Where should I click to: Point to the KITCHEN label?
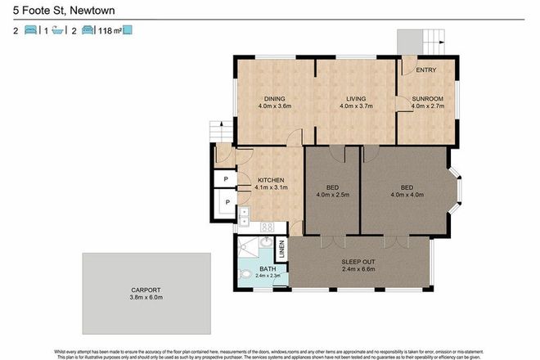tap(271, 179)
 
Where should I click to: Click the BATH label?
tap(268, 268)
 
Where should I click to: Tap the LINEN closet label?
tap(281, 248)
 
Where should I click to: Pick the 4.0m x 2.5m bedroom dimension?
tap(334, 195)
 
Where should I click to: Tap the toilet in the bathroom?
tap(246, 274)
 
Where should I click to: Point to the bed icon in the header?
tap(30, 31)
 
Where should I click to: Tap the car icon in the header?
tap(87, 31)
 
